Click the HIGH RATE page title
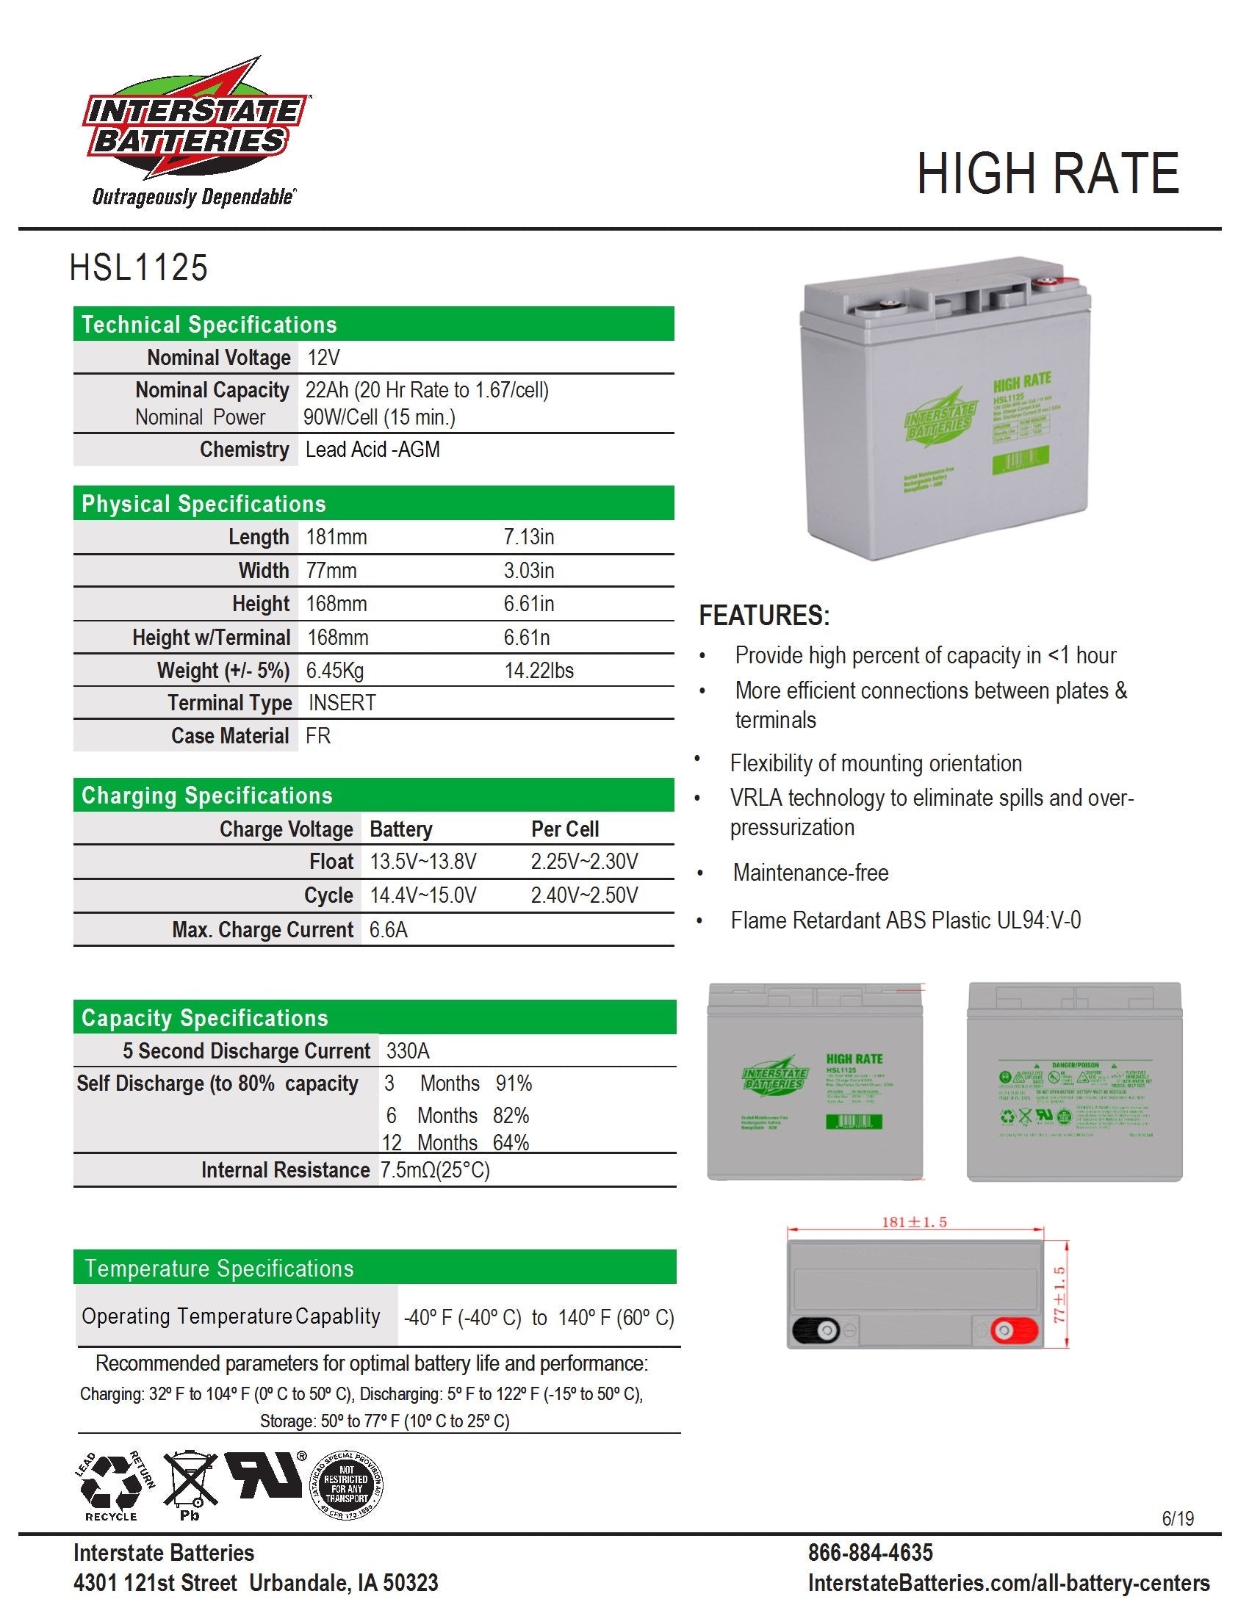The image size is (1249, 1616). pos(1046,175)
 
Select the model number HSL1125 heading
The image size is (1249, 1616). pos(138,268)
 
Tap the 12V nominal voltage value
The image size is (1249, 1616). pos(323,358)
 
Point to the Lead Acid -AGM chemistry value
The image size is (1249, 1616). pos(372,450)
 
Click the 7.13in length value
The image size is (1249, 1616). pos(528,537)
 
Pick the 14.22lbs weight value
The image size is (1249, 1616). pos(539,671)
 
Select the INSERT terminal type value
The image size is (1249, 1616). pos(342,703)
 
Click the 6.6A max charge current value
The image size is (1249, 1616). pos(389,930)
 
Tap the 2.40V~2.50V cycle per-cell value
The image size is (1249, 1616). pos(584,896)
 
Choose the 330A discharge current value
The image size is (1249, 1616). pos(408,1051)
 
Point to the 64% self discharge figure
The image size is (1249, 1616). pos(511,1143)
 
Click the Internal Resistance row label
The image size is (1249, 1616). pos(285,1171)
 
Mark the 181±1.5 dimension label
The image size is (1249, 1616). pos(914,1222)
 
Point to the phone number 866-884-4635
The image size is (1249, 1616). pos(870,1552)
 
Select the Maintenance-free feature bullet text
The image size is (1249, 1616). pos(810,873)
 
